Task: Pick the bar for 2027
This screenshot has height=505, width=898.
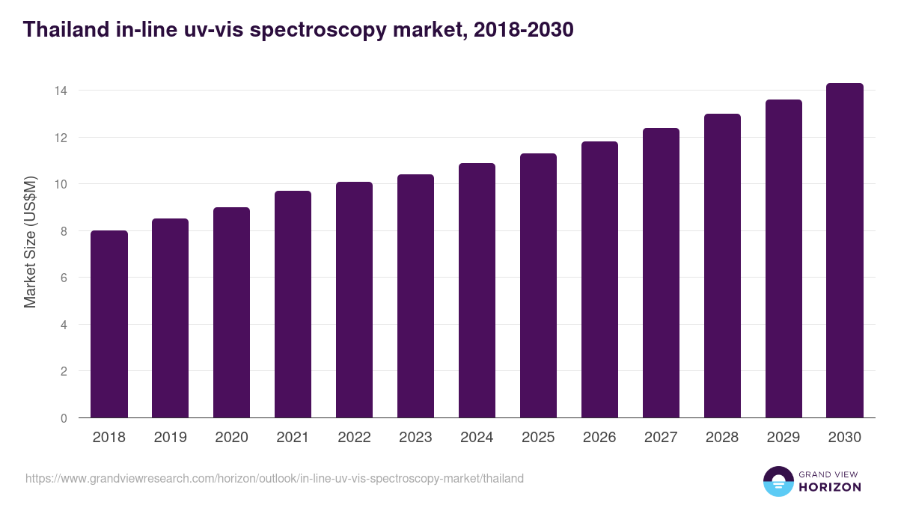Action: (661, 273)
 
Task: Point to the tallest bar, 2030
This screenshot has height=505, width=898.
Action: (845, 251)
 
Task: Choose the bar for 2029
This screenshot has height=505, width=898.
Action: (784, 259)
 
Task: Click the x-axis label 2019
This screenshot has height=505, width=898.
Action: (171, 438)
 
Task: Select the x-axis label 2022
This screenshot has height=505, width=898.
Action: (354, 438)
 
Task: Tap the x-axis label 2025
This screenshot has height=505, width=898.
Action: (538, 438)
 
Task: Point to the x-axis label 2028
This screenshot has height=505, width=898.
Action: (722, 438)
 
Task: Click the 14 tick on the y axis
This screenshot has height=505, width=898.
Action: (61, 91)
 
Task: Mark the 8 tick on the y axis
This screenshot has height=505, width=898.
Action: (64, 231)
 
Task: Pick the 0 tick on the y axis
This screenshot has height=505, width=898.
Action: (64, 418)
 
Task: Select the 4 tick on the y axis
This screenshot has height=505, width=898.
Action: (64, 325)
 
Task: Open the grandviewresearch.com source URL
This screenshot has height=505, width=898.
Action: (275, 478)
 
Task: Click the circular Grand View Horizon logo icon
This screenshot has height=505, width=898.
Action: (778, 481)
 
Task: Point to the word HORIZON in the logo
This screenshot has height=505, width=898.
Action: (829, 487)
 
